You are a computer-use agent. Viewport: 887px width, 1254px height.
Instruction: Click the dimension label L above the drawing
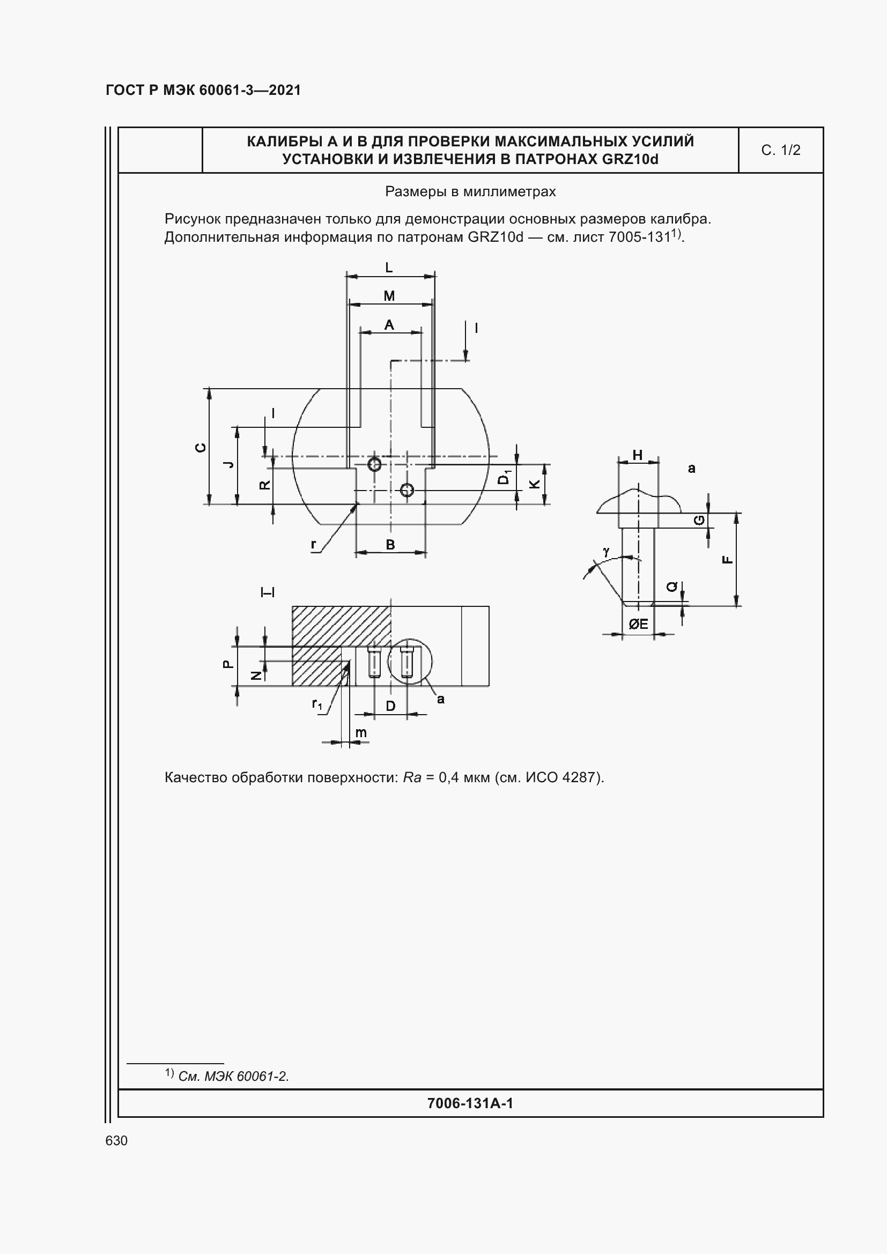point(389,268)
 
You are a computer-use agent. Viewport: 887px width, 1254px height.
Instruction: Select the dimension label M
point(389,296)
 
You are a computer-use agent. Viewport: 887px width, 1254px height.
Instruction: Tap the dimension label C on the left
point(202,447)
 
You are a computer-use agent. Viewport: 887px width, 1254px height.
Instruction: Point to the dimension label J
point(230,464)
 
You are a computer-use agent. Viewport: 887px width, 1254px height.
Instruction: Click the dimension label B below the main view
point(390,545)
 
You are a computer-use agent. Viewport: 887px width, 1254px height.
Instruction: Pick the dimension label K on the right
point(535,484)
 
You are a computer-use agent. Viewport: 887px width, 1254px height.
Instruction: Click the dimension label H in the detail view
point(637,455)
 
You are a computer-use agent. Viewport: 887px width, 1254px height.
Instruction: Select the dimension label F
point(728,559)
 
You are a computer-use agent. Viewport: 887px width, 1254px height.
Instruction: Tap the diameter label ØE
point(638,624)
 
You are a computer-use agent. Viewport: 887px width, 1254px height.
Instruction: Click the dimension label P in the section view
point(228,664)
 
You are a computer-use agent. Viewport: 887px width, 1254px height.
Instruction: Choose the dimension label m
point(361,732)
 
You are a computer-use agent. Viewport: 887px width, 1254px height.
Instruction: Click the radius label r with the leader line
point(314,545)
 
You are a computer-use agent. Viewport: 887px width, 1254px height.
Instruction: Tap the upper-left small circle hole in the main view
point(374,465)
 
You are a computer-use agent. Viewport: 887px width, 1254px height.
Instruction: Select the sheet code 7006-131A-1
point(470,1103)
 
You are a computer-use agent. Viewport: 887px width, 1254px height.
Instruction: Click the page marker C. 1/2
point(780,150)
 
